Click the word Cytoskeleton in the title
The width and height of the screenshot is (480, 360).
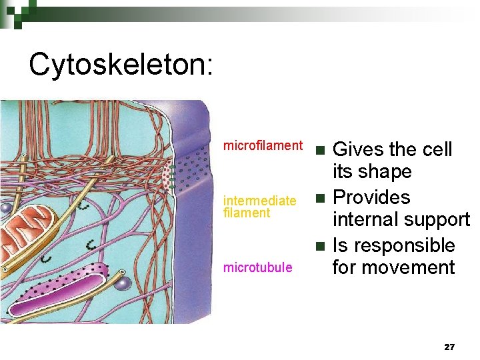(121, 65)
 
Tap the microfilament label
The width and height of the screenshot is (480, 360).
(263, 145)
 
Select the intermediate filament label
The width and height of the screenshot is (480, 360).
(259, 207)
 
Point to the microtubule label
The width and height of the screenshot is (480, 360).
(257, 267)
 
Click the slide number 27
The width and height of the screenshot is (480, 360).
(449, 347)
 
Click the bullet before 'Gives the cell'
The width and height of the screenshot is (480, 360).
(321, 149)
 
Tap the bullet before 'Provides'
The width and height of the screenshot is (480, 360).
(321, 198)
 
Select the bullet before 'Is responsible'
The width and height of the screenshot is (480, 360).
(321, 246)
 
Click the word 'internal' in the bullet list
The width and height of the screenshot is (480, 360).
(363, 220)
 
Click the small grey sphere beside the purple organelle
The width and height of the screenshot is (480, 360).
(121, 283)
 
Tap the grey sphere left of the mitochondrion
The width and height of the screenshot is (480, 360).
(5, 208)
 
